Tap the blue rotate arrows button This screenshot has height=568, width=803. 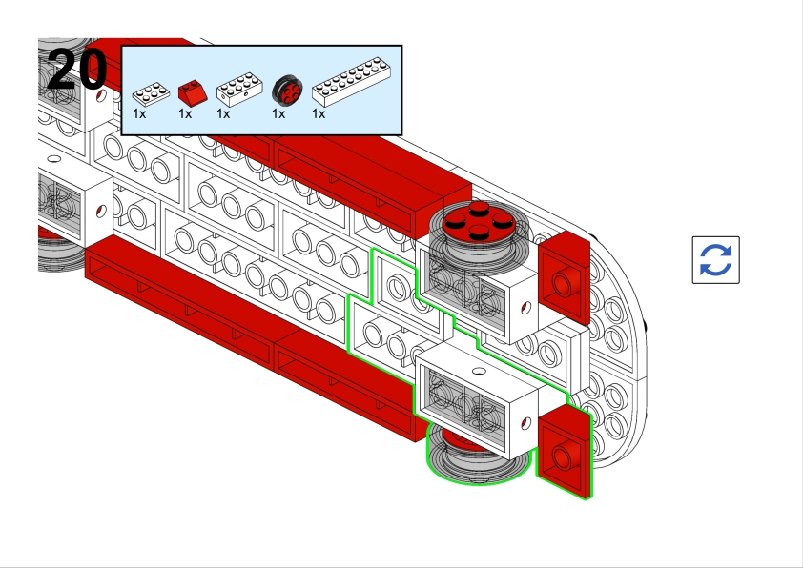pyautogui.click(x=715, y=260)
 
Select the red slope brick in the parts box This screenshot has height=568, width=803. pyautogui.click(x=192, y=92)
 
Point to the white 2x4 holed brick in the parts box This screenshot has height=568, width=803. pyautogui.click(x=237, y=91)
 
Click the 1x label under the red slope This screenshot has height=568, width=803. pyautogui.click(x=185, y=114)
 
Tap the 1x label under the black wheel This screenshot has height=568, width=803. pyautogui.click(x=278, y=114)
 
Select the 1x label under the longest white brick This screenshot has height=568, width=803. pyautogui.click(x=319, y=114)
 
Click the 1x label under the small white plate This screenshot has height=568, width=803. pyautogui.click(x=139, y=114)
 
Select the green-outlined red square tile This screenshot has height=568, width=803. pyautogui.click(x=564, y=455)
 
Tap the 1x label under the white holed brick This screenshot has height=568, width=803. pyautogui.click(x=223, y=114)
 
